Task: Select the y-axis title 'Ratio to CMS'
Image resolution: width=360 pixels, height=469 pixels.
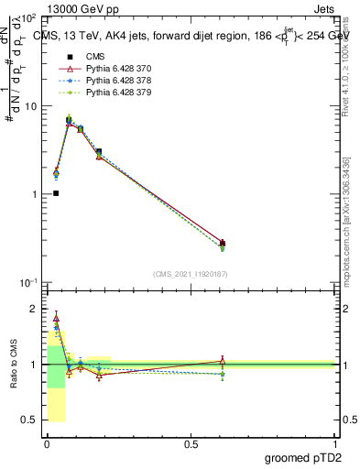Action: click(x=14, y=365)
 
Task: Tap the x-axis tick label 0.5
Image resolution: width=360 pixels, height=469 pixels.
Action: click(x=190, y=444)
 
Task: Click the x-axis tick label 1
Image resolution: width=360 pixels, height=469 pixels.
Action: click(x=333, y=444)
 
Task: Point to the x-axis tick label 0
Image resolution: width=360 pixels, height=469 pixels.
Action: click(x=47, y=444)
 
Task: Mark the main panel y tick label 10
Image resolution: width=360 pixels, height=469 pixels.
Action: click(x=30, y=106)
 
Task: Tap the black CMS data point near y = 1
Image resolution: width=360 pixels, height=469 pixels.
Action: click(x=56, y=193)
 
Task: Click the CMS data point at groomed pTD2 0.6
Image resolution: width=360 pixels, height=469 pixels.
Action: click(x=223, y=243)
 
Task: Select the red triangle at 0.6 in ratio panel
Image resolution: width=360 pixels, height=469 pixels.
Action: click(x=223, y=361)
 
